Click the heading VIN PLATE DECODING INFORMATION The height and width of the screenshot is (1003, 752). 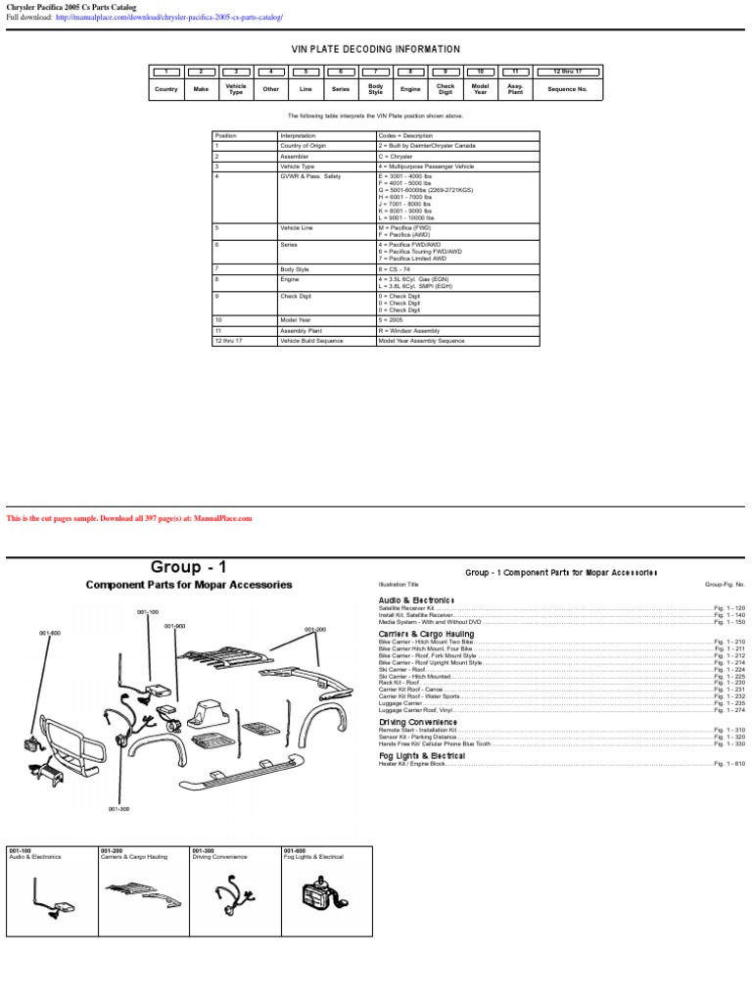(376, 49)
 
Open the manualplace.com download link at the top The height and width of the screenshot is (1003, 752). (169, 18)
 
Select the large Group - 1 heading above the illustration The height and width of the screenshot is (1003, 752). (189, 567)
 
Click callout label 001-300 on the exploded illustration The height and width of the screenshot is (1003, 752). (118, 809)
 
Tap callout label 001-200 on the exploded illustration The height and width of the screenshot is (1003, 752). (314, 630)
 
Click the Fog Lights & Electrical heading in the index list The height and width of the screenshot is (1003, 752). (421, 756)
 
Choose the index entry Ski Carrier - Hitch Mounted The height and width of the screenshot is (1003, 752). (415, 676)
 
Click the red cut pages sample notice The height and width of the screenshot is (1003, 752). (129, 518)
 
